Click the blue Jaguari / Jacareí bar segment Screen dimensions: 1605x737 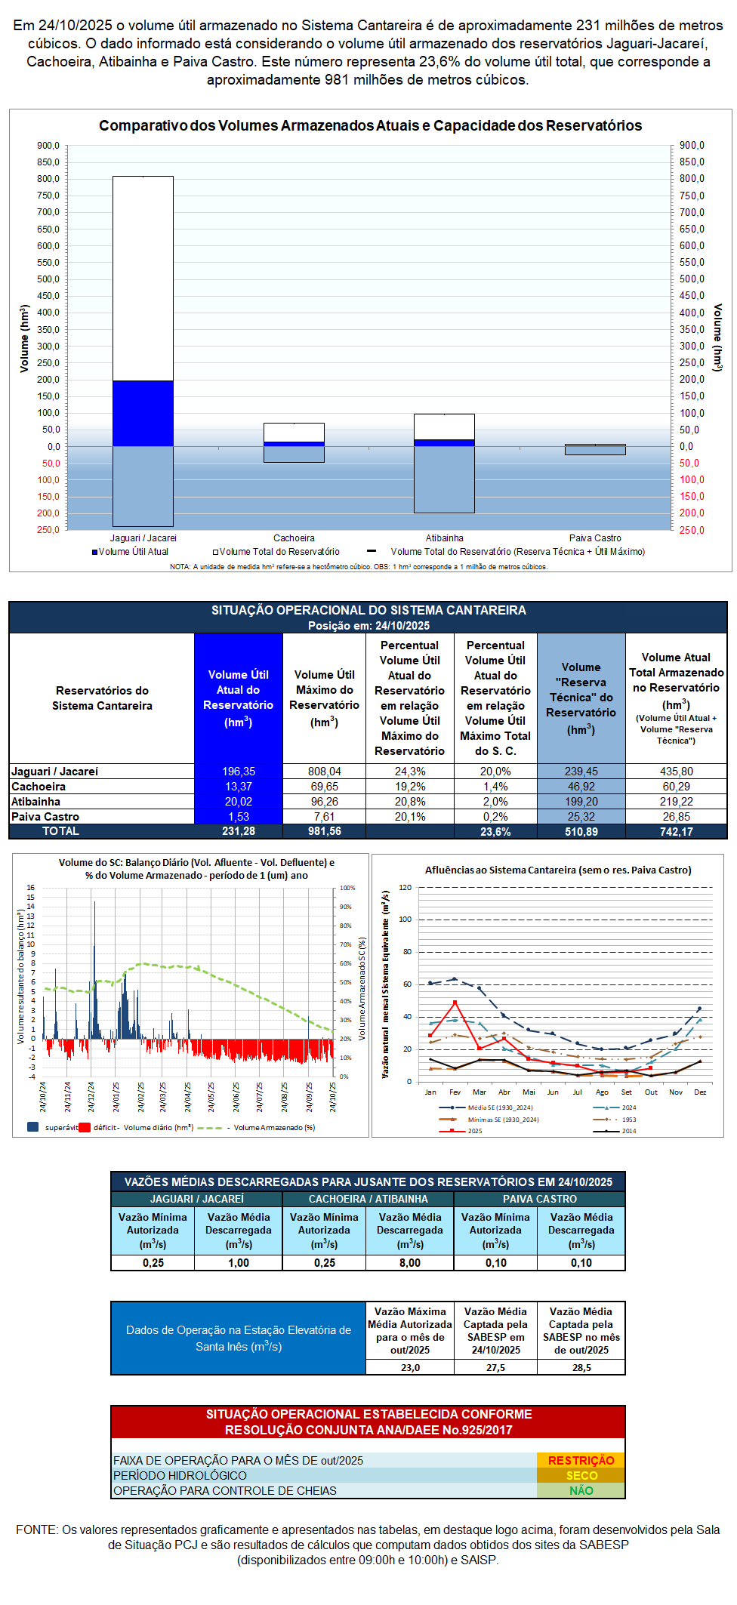click(x=143, y=413)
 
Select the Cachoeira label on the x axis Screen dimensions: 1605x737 click(x=294, y=538)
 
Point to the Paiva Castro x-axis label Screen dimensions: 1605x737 click(x=595, y=538)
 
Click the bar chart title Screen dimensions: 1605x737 click(x=370, y=126)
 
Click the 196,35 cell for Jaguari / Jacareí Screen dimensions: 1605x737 click(x=239, y=772)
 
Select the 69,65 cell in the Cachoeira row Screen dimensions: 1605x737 click(x=324, y=787)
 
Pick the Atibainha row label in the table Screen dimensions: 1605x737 click(x=36, y=802)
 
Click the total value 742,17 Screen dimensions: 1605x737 click(x=676, y=831)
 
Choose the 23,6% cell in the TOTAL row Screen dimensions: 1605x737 click(x=495, y=831)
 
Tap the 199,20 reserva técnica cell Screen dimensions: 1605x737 click(x=581, y=802)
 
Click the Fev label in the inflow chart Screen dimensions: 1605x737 click(x=455, y=1092)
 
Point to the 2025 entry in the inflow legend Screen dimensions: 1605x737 click(x=474, y=1131)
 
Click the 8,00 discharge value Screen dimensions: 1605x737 click(x=410, y=1263)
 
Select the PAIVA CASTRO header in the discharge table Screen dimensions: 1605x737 click(x=540, y=1199)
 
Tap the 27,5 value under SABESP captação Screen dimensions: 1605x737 click(x=495, y=1367)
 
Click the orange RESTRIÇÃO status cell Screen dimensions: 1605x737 click(x=581, y=1461)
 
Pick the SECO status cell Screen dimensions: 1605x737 click(x=581, y=1476)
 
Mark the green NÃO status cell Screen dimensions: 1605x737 click(x=581, y=1491)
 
